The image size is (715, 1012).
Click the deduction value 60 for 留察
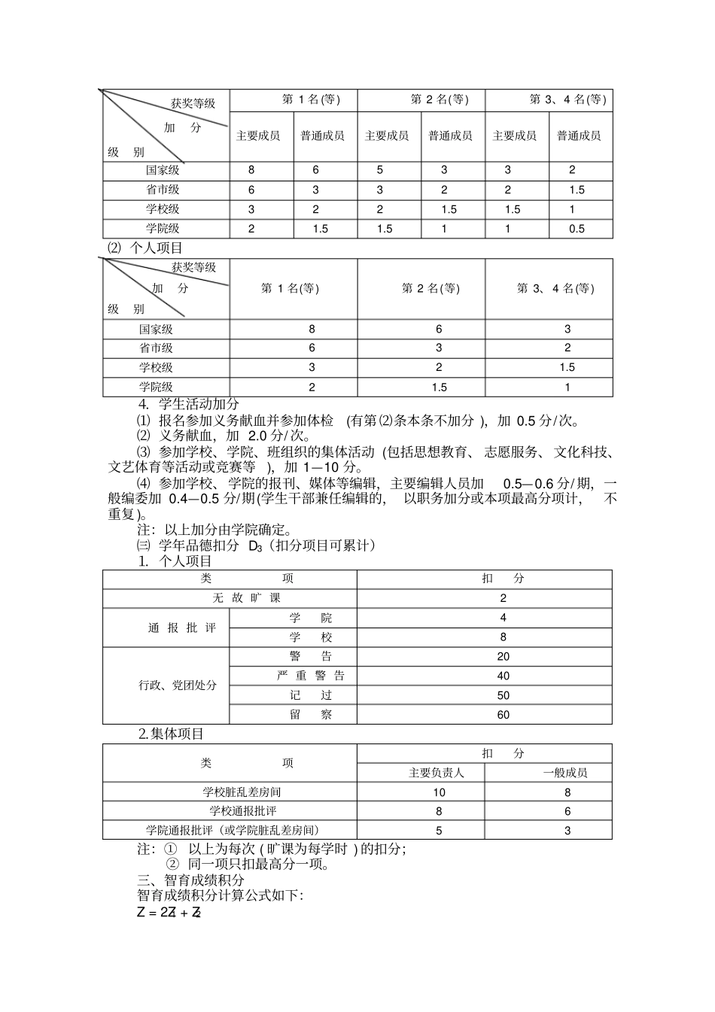(x=503, y=715)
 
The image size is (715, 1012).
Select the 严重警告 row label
(x=311, y=676)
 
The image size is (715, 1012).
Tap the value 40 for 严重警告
(x=503, y=676)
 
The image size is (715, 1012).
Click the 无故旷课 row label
(x=246, y=598)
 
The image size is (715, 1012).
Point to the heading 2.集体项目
(x=172, y=734)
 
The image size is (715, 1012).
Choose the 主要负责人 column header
(x=437, y=773)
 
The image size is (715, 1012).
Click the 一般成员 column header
(x=566, y=773)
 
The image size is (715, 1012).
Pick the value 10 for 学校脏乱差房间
(x=439, y=792)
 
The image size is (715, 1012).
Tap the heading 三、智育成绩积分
(x=191, y=880)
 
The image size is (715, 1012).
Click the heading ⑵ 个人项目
(x=145, y=248)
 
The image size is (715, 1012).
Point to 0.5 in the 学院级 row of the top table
(x=577, y=229)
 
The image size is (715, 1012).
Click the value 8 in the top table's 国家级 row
(x=251, y=170)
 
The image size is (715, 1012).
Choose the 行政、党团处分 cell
(x=178, y=685)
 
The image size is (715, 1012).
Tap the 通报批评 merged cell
(x=182, y=628)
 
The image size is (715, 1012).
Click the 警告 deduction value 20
(x=503, y=656)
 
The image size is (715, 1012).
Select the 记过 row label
(x=311, y=695)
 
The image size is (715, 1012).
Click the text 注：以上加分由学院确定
(x=214, y=530)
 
